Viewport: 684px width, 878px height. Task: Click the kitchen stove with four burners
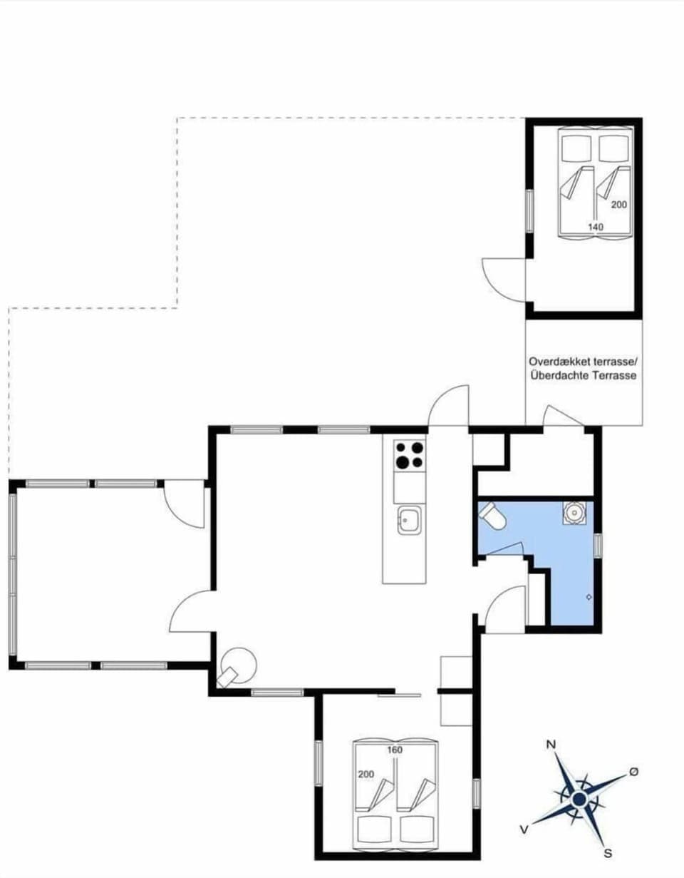click(x=409, y=454)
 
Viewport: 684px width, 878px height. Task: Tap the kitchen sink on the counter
click(x=409, y=519)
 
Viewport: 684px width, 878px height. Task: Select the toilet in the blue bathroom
click(x=492, y=516)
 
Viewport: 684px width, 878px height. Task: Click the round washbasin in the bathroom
click(x=574, y=512)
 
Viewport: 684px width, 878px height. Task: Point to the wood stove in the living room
click(x=238, y=666)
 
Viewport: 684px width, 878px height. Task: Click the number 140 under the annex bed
click(x=596, y=227)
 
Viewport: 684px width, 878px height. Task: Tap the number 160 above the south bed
click(x=395, y=750)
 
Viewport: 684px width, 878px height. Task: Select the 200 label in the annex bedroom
click(x=618, y=205)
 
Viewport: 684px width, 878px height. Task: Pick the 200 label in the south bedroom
click(x=366, y=774)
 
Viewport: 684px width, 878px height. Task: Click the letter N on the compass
click(x=550, y=745)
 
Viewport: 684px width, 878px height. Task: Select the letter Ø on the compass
click(x=633, y=772)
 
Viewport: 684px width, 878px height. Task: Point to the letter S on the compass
click(x=608, y=852)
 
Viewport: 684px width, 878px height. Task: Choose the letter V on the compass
click(x=524, y=828)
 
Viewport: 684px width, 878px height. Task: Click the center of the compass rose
click(x=579, y=799)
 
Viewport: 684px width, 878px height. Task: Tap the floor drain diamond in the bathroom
click(x=589, y=597)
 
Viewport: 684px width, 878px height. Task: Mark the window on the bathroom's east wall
click(x=598, y=544)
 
